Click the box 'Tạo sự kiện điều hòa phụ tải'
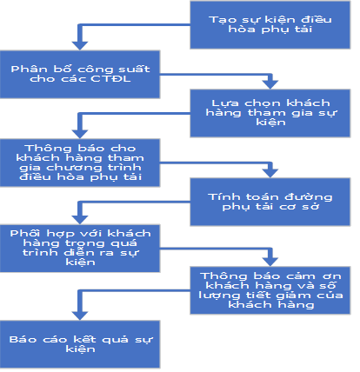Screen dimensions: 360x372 point(270,24)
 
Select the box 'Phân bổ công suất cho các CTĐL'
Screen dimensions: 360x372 point(80,75)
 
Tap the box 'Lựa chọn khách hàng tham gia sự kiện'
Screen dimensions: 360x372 point(270,113)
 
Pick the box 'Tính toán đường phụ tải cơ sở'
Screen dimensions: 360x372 point(270,202)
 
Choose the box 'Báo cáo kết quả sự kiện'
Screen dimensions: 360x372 point(80,344)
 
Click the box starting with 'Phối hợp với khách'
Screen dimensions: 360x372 point(80,249)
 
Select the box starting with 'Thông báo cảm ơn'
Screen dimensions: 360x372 point(270,290)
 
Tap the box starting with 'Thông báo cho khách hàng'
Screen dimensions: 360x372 point(80,163)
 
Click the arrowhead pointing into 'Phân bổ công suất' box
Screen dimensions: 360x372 point(80,46)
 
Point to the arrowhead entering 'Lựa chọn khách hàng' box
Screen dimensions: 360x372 point(270,84)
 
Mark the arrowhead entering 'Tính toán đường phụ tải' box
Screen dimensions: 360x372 point(270,173)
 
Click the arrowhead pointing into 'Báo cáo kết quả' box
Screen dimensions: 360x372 point(80,316)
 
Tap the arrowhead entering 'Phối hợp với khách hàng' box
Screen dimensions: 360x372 point(80,220)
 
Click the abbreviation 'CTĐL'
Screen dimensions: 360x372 point(110,79)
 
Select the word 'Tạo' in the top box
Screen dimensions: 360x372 point(218,20)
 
